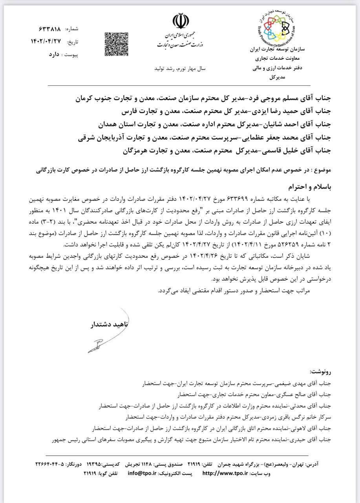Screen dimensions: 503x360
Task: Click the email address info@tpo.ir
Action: (x=143, y=473)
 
